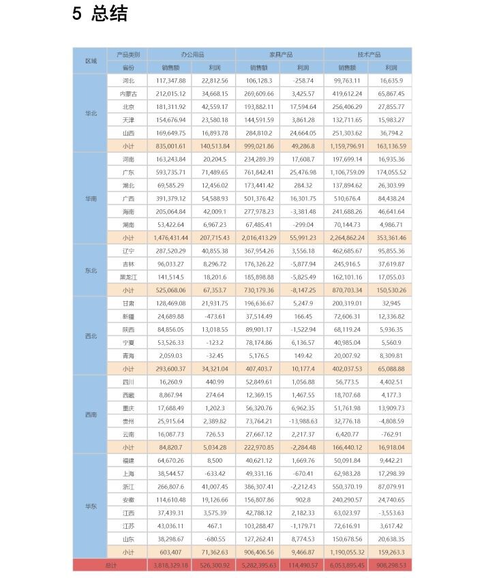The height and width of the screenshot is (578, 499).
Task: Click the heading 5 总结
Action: [x=100, y=14]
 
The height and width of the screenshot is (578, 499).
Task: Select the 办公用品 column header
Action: [x=192, y=55]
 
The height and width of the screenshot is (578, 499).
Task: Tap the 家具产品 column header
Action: [x=279, y=55]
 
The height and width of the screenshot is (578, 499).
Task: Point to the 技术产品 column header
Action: [x=368, y=55]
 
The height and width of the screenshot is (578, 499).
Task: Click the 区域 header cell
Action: [x=91, y=61]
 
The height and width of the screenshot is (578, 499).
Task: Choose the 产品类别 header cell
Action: [x=128, y=55]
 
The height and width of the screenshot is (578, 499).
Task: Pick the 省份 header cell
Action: [x=128, y=67]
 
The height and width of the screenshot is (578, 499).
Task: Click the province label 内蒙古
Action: [x=128, y=94]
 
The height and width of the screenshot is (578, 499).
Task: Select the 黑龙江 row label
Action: [x=128, y=277]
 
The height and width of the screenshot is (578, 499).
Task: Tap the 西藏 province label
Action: [x=128, y=395]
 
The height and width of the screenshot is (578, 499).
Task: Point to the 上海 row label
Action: [x=128, y=474]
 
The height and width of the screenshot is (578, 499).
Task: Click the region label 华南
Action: [x=91, y=198]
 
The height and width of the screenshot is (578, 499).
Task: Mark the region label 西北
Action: [x=91, y=336]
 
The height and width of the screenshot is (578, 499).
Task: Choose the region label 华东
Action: [x=91, y=506]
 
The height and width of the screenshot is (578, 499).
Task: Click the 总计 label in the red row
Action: [x=110, y=565]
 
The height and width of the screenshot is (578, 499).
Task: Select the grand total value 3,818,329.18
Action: [x=170, y=565]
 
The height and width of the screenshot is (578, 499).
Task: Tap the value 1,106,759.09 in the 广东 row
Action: [x=346, y=172]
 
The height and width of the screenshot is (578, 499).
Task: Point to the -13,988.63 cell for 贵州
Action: [x=302, y=421]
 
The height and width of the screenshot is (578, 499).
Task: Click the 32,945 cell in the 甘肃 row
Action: [x=391, y=303]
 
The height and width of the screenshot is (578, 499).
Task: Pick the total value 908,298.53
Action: [x=391, y=565]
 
